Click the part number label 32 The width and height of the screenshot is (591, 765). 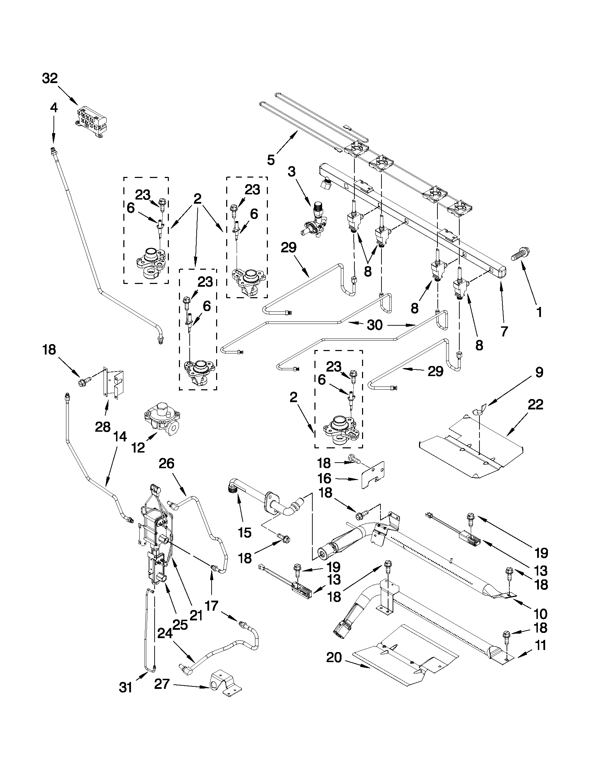50,79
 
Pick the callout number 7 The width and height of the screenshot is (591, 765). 503,331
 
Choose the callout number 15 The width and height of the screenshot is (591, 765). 244,533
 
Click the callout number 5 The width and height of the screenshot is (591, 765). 271,160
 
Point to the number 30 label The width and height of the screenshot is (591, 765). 375,325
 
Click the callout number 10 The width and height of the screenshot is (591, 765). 541,614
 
